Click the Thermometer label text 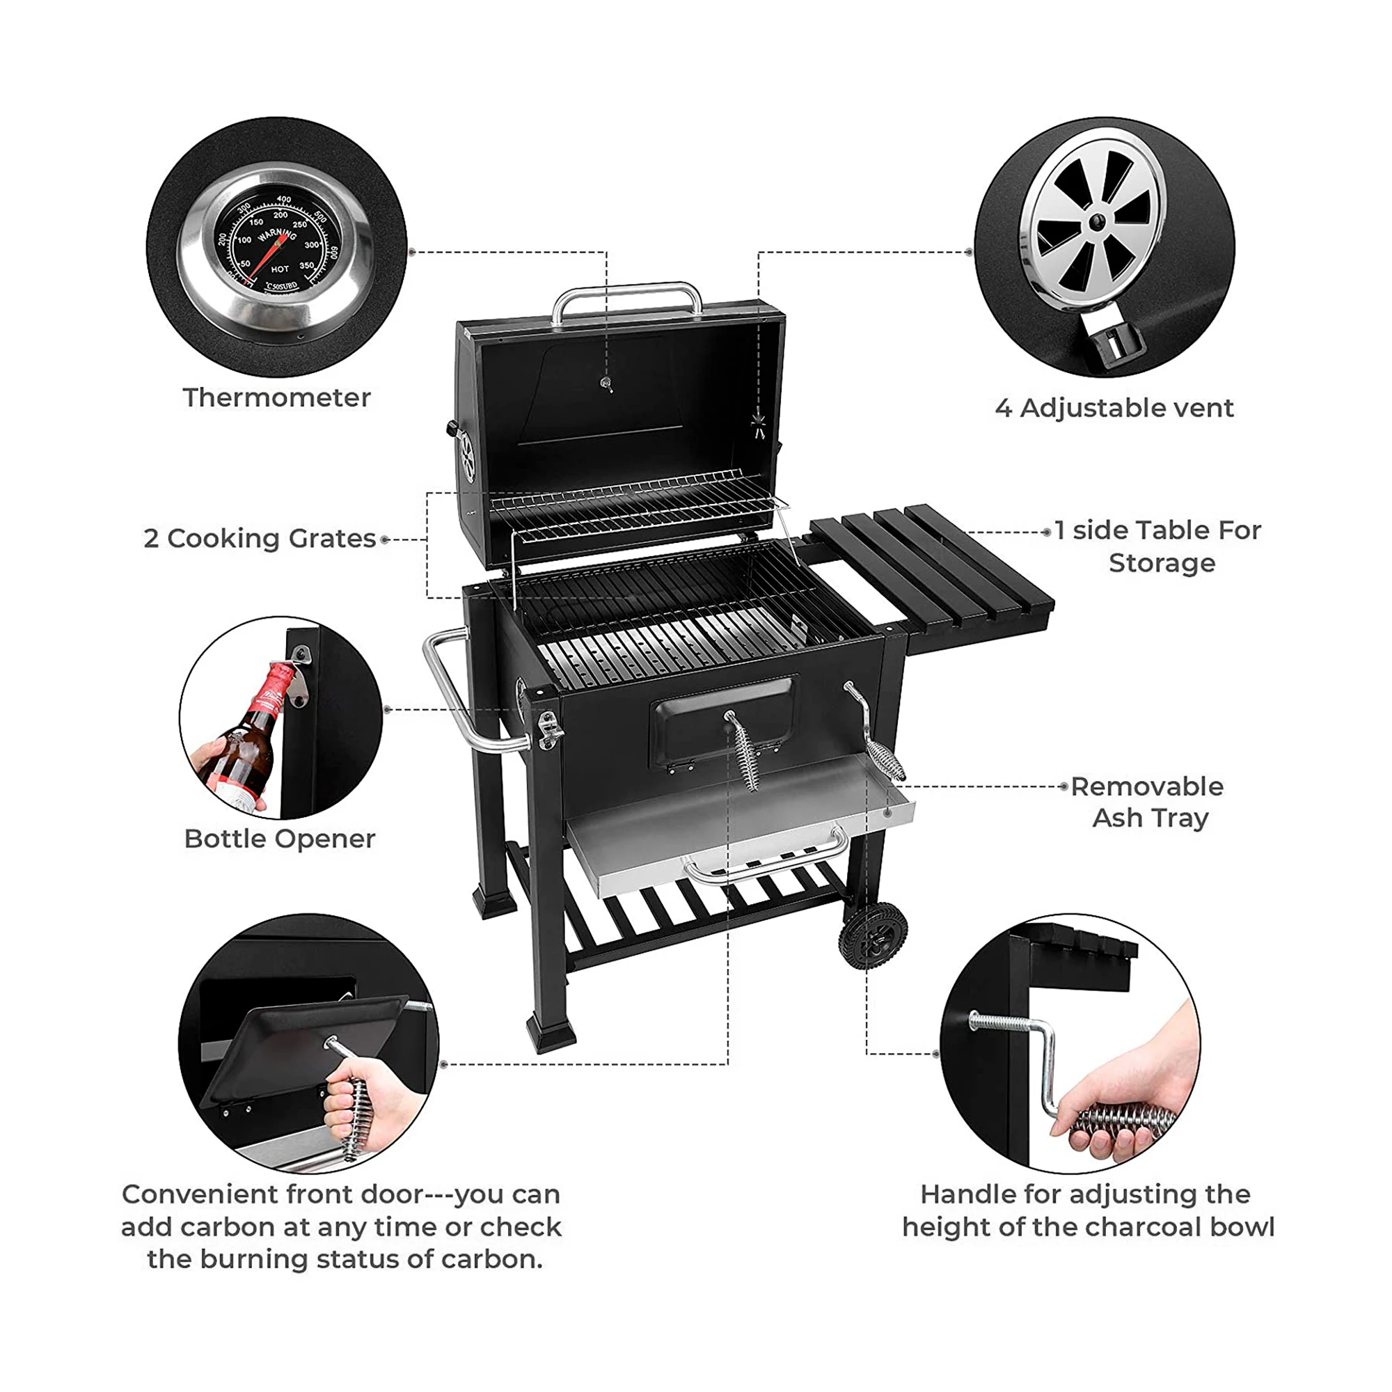[x=277, y=397]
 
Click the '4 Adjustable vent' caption [x=1114, y=409]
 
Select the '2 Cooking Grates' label [x=260, y=539]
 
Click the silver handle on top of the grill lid [x=627, y=292]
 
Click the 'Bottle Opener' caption [x=280, y=839]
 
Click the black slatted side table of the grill [x=937, y=569]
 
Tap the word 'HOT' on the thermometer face [x=280, y=269]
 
